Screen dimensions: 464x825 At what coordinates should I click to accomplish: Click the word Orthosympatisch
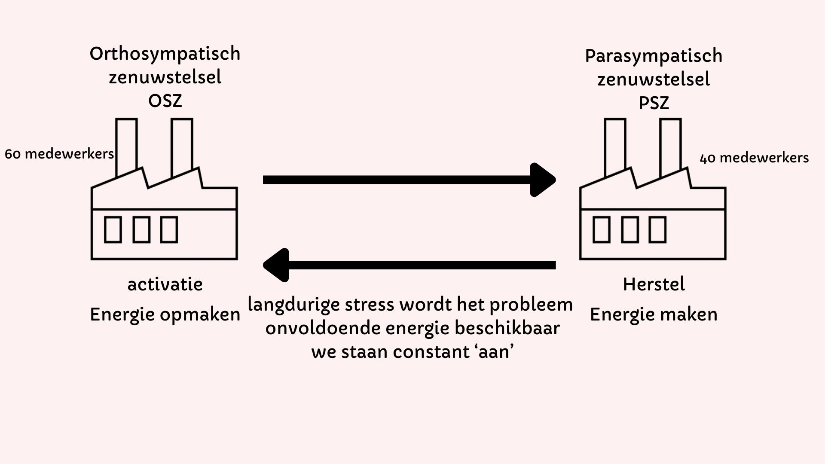click(165, 55)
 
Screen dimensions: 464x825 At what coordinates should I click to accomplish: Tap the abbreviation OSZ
click(165, 101)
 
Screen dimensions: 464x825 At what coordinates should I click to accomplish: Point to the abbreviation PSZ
click(654, 103)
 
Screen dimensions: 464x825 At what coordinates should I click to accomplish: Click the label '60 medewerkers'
click(59, 154)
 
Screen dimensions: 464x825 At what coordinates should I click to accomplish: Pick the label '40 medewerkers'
click(754, 158)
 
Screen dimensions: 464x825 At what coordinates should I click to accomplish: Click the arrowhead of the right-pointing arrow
click(544, 180)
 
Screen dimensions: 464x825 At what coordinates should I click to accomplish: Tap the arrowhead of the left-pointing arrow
click(276, 265)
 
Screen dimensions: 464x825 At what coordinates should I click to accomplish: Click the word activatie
click(165, 284)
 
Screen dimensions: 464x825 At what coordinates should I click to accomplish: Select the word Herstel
click(654, 284)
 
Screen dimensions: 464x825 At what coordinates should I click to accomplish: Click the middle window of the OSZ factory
click(141, 229)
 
